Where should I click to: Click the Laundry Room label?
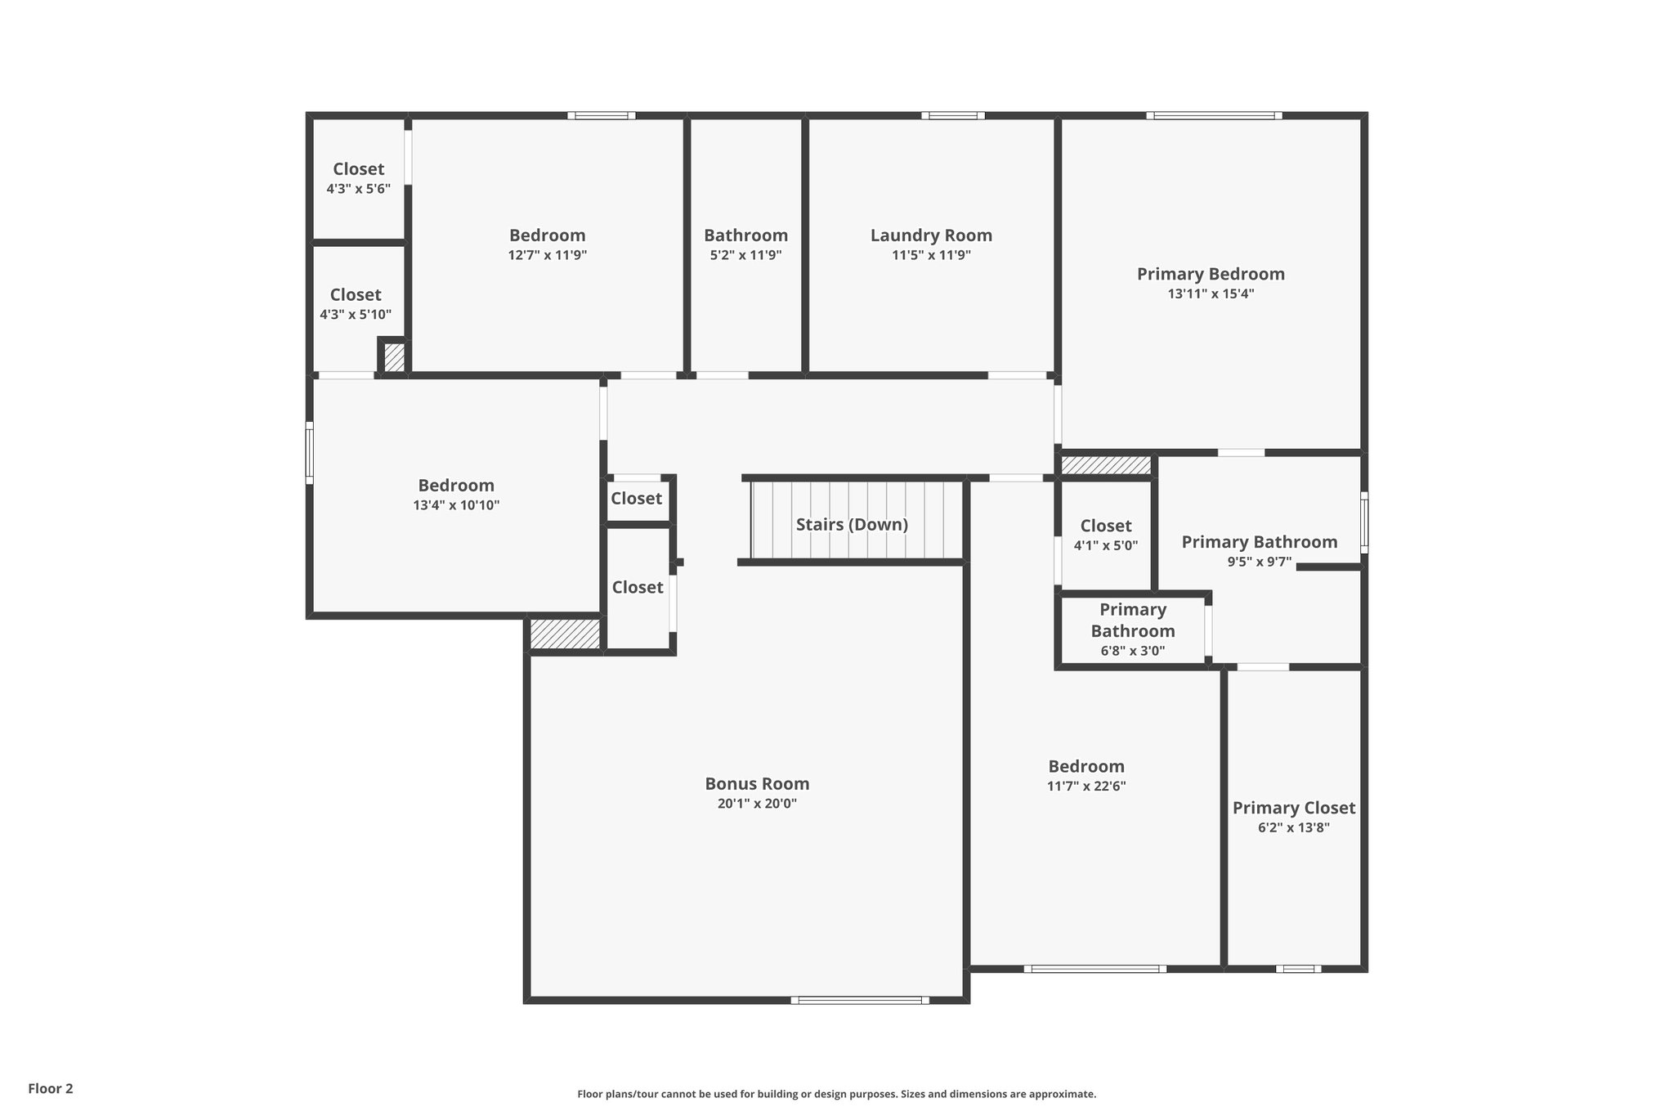click(x=931, y=235)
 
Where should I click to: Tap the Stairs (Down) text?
click(x=852, y=525)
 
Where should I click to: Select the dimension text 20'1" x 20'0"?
click(x=757, y=804)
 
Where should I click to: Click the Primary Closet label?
click(x=1293, y=808)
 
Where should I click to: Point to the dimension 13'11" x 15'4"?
click(x=1211, y=294)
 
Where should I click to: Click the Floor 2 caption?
click(x=51, y=1088)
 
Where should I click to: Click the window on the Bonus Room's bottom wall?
click(x=860, y=999)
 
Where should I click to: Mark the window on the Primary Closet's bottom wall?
click(x=1298, y=969)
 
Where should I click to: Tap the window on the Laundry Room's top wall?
click(x=953, y=115)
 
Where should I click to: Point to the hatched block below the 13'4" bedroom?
click(x=565, y=634)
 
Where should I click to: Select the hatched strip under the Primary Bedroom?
click(x=1106, y=465)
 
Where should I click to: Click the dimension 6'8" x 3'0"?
click(x=1132, y=652)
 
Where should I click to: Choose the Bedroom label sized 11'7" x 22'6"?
click(x=1086, y=767)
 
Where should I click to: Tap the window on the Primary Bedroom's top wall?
click(x=1214, y=115)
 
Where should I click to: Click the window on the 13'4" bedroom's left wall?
click(x=310, y=452)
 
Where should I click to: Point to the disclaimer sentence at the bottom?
click(x=836, y=1094)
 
